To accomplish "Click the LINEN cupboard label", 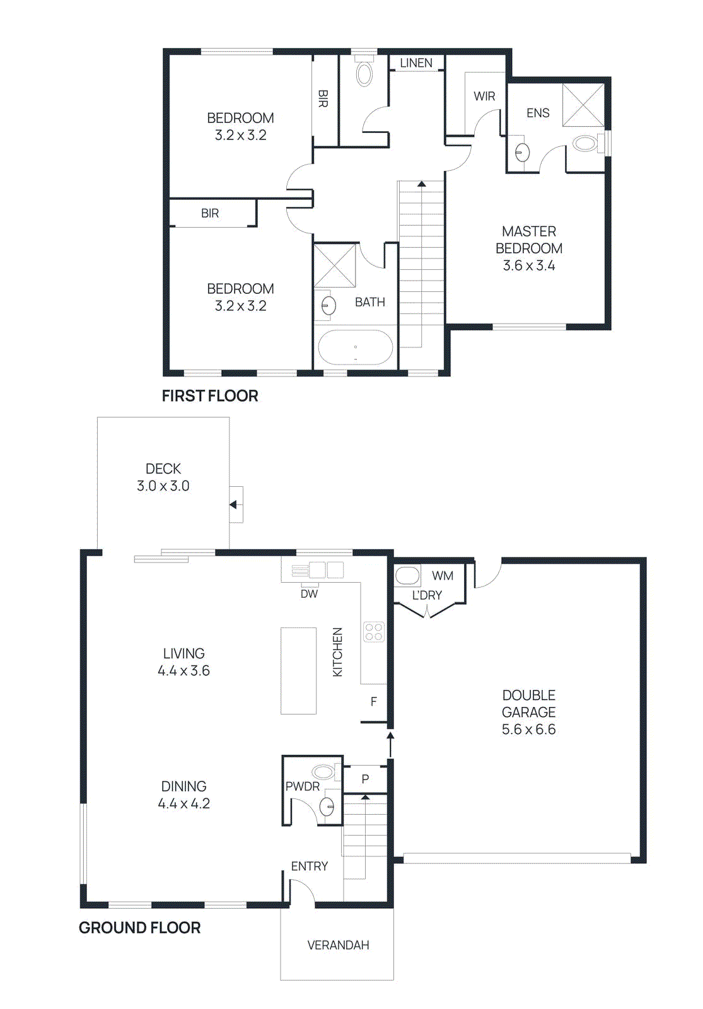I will (x=416, y=63).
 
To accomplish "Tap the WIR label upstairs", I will (x=484, y=96).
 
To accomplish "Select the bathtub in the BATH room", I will (x=356, y=347).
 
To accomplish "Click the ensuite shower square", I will (x=583, y=105).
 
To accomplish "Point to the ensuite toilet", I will (x=586, y=143).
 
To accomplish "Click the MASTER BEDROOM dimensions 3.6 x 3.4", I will (x=529, y=265).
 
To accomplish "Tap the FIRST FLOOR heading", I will (x=210, y=396).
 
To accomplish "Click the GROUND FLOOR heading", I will (x=139, y=928).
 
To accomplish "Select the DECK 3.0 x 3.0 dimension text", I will (x=163, y=486).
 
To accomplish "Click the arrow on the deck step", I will (x=233, y=504).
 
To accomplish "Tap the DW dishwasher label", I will (x=309, y=594).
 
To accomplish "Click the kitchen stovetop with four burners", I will (x=374, y=632).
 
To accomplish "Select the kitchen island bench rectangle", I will (x=298, y=670).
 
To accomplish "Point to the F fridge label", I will (x=374, y=702).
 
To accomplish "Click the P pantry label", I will (x=365, y=779).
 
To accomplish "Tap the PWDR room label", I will (x=303, y=786).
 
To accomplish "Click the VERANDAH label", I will (x=338, y=945).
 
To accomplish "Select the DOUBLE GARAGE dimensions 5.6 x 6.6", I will (x=528, y=730).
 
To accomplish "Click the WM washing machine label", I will (x=443, y=576).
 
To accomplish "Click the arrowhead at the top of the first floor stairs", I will (x=421, y=184).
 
